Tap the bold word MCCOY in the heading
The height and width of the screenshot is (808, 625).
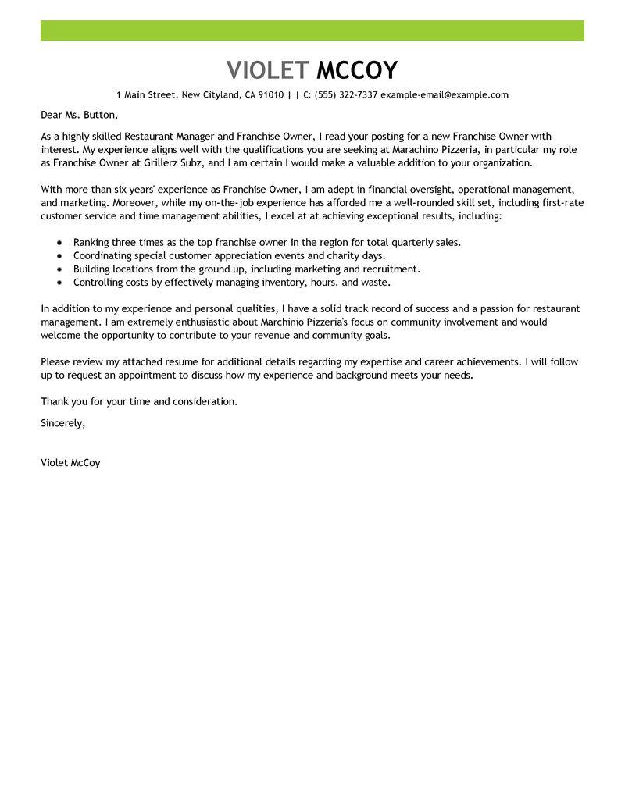click(357, 70)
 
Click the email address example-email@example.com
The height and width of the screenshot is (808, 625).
click(445, 95)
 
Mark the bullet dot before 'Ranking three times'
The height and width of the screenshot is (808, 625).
click(59, 243)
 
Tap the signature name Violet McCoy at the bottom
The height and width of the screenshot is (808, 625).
click(70, 462)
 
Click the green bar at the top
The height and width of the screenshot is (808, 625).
click(312, 31)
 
